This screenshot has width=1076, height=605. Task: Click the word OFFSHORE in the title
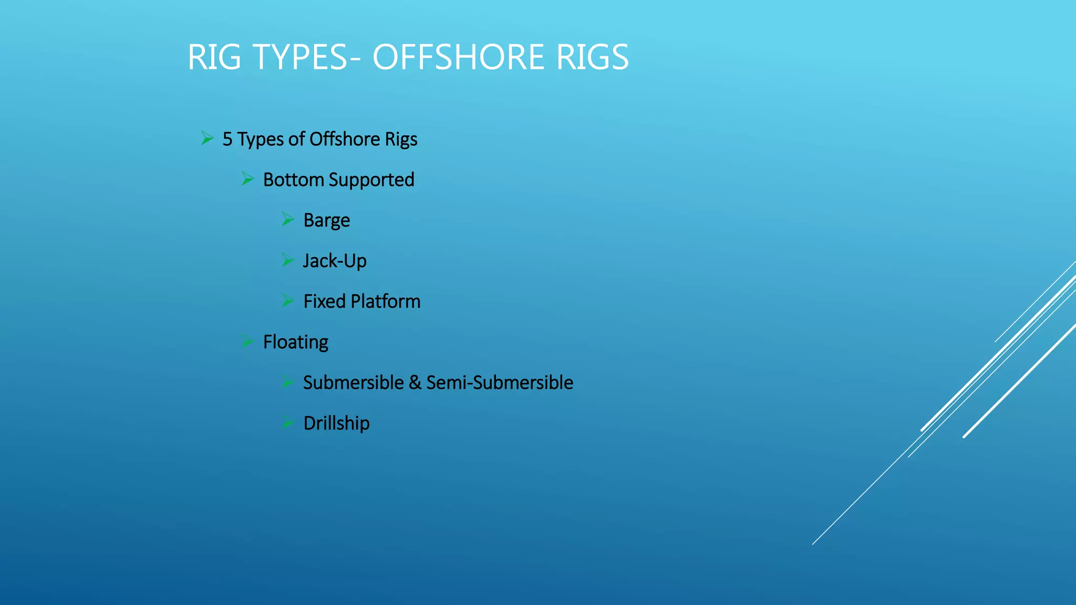point(458,57)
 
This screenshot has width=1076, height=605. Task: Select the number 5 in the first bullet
point(227,140)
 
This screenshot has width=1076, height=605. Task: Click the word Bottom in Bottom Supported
point(293,180)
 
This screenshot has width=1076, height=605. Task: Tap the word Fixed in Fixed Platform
point(324,302)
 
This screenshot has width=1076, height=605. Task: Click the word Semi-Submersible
point(499,383)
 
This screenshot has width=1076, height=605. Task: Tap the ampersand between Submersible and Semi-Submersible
point(415,383)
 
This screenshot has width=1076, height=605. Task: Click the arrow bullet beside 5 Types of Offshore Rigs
point(207,139)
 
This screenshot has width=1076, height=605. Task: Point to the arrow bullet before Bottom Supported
point(247,179)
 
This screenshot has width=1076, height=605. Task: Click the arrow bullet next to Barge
point(287,219)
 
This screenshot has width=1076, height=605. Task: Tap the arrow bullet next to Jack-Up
point(287,259)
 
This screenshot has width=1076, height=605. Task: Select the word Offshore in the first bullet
point(344,140)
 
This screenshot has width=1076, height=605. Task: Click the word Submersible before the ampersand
point(353,383)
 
